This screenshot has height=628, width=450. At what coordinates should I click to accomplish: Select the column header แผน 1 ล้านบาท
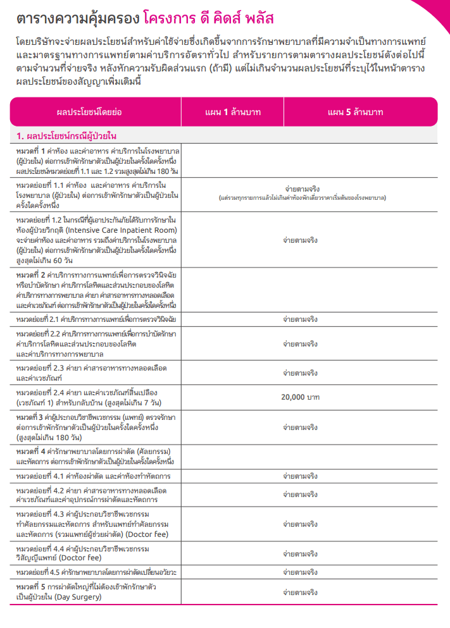233,112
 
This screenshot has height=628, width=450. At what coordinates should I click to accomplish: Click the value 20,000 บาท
300,397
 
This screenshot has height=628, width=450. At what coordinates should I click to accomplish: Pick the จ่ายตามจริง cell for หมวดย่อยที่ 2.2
300,344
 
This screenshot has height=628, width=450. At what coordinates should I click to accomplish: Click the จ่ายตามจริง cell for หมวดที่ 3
300,427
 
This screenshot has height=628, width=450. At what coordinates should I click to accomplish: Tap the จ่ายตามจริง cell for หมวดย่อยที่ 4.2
300,494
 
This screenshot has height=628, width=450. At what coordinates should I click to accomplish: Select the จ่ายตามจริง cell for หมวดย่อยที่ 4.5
300,572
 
